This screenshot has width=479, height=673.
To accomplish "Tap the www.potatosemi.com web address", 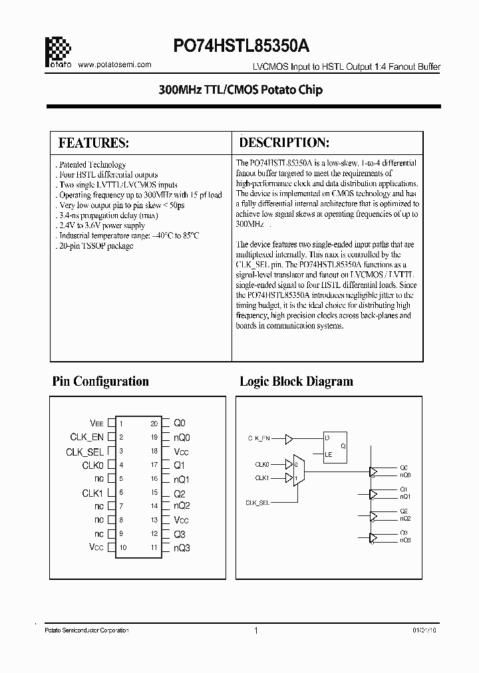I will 114,65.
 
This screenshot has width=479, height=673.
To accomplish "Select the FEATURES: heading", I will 93,143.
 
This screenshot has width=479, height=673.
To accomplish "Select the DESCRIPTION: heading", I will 284,142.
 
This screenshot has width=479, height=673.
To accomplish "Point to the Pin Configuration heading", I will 100,381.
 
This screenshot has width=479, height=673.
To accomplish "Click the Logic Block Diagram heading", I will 296,381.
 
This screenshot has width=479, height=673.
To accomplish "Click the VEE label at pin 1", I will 97,423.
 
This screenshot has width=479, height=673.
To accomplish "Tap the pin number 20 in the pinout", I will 154,423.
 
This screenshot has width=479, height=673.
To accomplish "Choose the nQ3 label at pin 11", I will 182,548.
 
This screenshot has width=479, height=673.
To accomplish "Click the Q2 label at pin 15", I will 180,493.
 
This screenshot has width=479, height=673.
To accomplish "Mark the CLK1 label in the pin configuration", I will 92,493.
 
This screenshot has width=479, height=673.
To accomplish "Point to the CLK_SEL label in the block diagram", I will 258,502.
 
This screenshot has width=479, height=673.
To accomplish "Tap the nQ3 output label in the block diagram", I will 405,540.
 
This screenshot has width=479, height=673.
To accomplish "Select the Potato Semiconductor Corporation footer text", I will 86,630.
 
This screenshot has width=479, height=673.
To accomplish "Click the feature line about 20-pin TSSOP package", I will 96,246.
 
